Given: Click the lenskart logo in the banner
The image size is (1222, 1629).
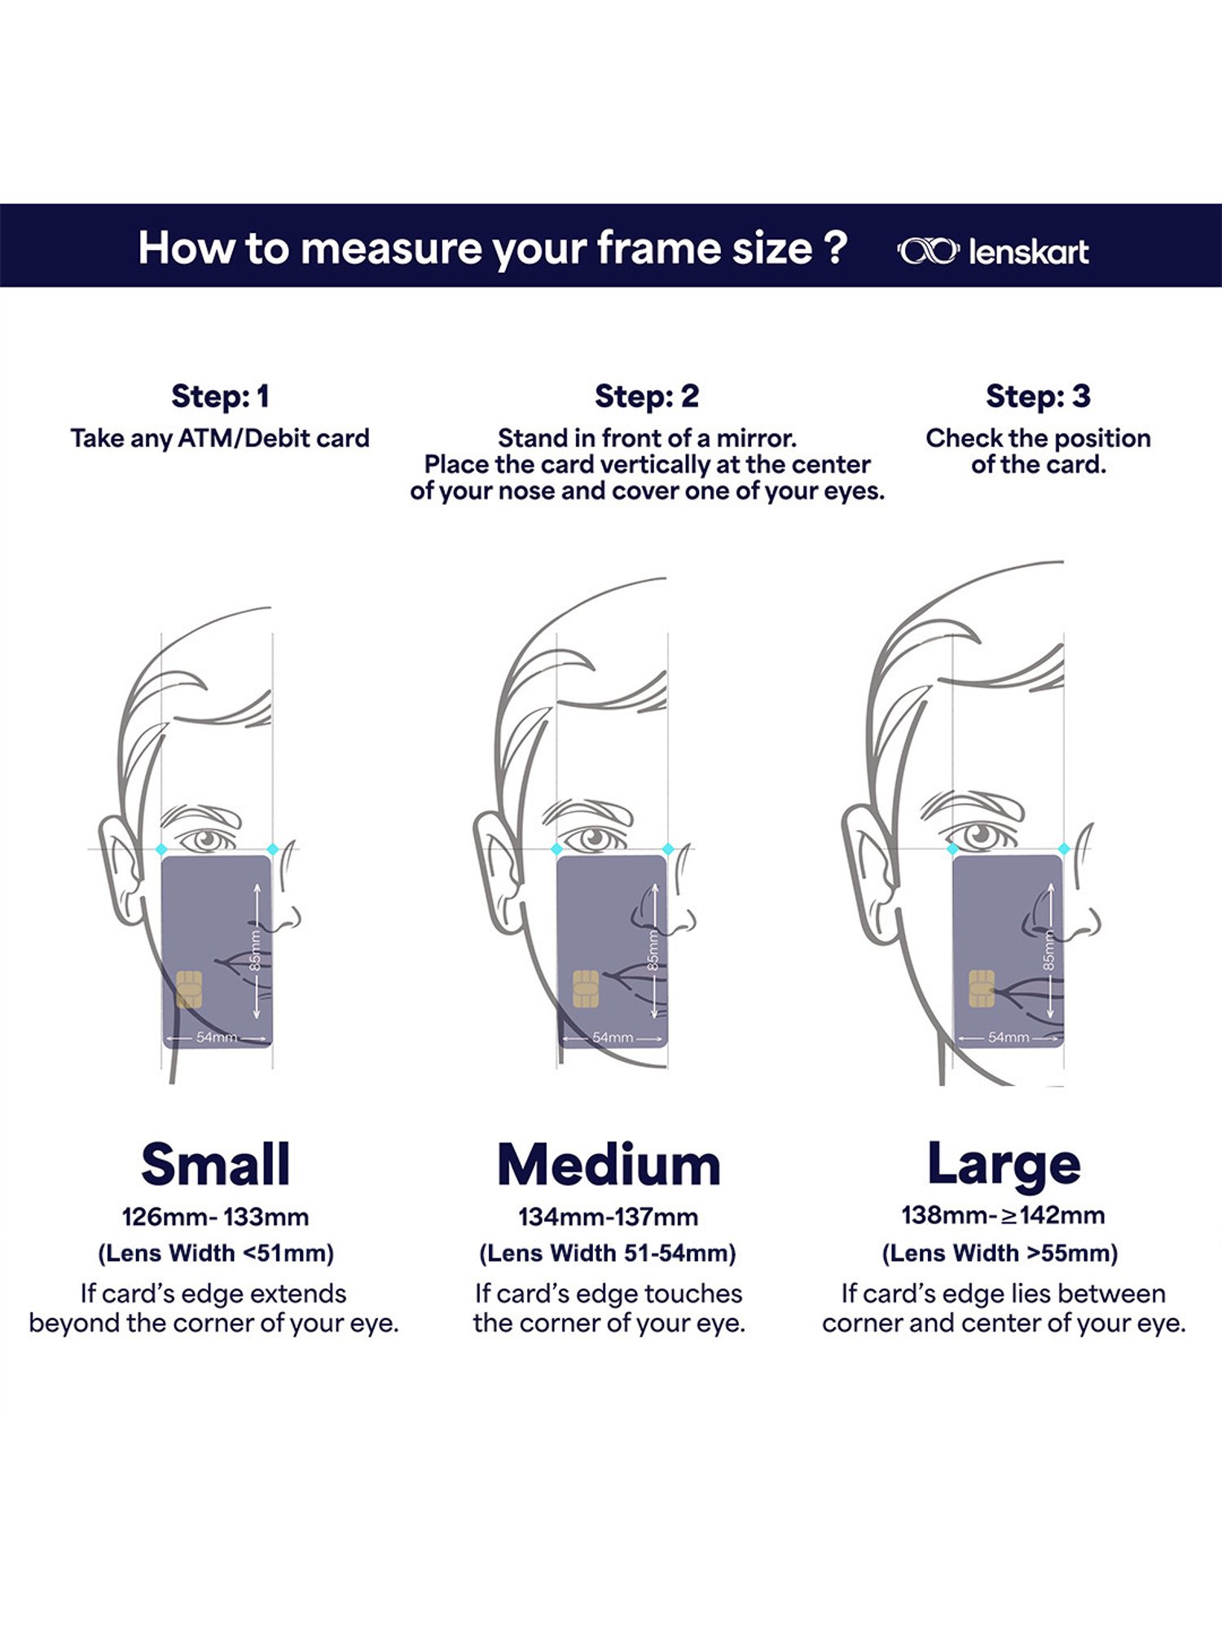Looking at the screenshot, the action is (x=992, y=252).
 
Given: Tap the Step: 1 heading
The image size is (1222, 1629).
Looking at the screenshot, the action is (x=220, y=397).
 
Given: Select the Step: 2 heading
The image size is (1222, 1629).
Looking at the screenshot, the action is (x=647, y=397).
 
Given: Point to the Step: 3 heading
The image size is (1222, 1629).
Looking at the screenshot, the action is (x=1038, y=397).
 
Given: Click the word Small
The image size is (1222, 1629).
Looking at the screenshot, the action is (x=216, y=1164).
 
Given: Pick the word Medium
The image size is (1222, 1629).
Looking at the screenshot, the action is (x=609, y=1166).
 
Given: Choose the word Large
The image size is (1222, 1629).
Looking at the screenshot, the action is (x=1004, y=1166).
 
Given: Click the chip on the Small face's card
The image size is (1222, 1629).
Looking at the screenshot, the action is (x=189, y=989).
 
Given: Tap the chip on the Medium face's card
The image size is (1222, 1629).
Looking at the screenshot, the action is (x=586, y=989).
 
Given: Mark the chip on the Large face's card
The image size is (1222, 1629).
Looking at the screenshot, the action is (x=982, y=989).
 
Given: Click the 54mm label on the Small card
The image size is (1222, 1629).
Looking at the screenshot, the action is (x=217, y=1037).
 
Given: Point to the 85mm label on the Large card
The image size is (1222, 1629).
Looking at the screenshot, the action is (x=1049, y=951).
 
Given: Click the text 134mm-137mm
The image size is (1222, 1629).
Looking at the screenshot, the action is (x=609, y=1217).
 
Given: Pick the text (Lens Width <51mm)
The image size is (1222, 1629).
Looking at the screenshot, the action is (x=216, y=1253).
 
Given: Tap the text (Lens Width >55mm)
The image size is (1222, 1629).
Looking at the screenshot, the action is (x=1000, y=1253).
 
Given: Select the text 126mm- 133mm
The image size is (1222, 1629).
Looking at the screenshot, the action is (x=216, y=1217).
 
